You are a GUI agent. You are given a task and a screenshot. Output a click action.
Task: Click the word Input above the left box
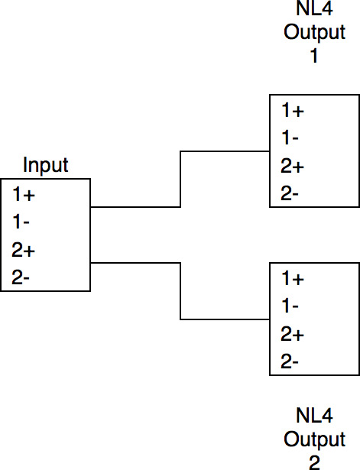point(46,165)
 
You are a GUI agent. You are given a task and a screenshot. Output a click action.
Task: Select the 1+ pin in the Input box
point(24,194)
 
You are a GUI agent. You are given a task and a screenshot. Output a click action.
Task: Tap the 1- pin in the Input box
point(21,222)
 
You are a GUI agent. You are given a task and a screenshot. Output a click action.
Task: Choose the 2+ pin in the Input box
point(24,250)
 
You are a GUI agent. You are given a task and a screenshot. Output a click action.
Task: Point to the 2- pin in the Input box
point(21,277)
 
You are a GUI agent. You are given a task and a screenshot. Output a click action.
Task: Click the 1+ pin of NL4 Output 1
point(293,110)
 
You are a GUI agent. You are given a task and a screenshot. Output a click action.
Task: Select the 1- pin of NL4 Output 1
point(290,138)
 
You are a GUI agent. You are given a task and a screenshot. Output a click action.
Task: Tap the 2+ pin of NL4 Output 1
point(292,166)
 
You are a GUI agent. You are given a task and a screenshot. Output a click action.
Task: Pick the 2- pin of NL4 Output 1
point(290,193)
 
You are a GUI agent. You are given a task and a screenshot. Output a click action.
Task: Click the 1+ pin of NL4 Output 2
point(293,278)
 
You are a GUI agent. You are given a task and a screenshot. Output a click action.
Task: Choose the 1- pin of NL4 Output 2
point(290,306)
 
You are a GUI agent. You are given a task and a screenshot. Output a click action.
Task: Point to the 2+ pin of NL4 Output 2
point(292,334)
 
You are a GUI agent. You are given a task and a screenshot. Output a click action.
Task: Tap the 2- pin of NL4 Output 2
point(290,361)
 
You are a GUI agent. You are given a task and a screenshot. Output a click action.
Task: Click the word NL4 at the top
point(314,8)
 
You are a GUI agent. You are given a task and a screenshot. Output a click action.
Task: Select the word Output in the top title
point(314,32)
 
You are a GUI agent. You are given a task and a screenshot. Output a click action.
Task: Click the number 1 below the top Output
point(314,56)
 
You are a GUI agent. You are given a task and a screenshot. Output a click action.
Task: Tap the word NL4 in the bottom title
point(314,416)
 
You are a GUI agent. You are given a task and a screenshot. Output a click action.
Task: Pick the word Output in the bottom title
point(314,439)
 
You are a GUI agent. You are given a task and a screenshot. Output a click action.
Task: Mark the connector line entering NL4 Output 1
point(180,179)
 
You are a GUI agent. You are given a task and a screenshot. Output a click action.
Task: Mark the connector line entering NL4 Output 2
point(180,291)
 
